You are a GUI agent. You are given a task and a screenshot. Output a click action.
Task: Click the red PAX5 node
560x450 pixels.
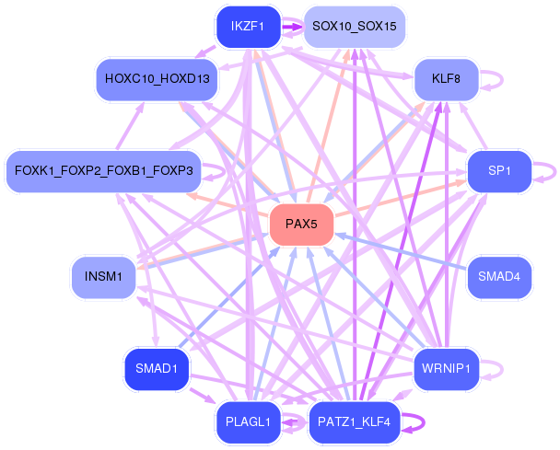301,224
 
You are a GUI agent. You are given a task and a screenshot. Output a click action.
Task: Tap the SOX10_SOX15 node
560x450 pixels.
354,26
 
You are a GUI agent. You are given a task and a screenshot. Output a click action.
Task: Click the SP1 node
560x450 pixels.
498,171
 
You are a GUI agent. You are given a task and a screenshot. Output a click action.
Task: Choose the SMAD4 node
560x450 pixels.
499,275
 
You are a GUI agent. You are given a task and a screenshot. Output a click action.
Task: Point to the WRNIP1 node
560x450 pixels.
446,370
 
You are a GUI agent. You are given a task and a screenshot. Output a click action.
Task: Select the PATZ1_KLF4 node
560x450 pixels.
354,422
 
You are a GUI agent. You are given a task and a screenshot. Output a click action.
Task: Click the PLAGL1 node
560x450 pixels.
248,422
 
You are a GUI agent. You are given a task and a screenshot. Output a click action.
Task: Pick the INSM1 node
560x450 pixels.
103,276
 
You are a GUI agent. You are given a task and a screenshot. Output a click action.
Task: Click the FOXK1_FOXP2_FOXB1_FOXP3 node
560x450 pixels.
103,171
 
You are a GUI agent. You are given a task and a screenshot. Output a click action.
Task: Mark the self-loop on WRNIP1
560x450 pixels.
498,370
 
